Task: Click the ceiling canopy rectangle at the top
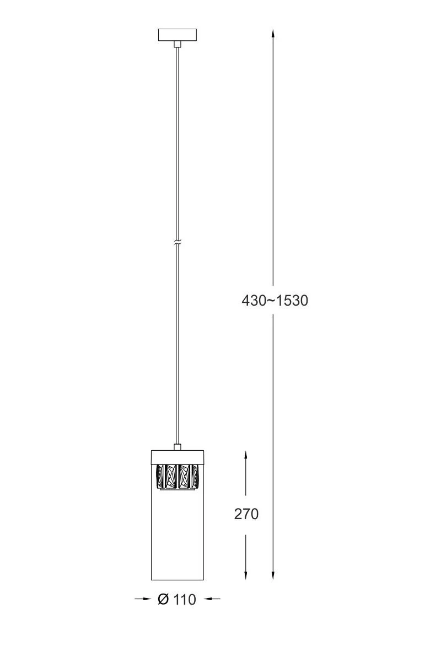tap(178, 35)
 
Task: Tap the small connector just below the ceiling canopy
tap(178, 44)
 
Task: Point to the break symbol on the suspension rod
tap(178, 243)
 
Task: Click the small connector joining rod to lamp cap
tap(178, 447)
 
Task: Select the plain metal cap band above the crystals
tap(178, 457)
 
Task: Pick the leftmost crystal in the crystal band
tap(160, 477)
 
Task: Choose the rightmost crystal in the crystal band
tap(195, 477)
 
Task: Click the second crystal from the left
tap(171, 477)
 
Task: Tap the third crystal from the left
tap(184, 477)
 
